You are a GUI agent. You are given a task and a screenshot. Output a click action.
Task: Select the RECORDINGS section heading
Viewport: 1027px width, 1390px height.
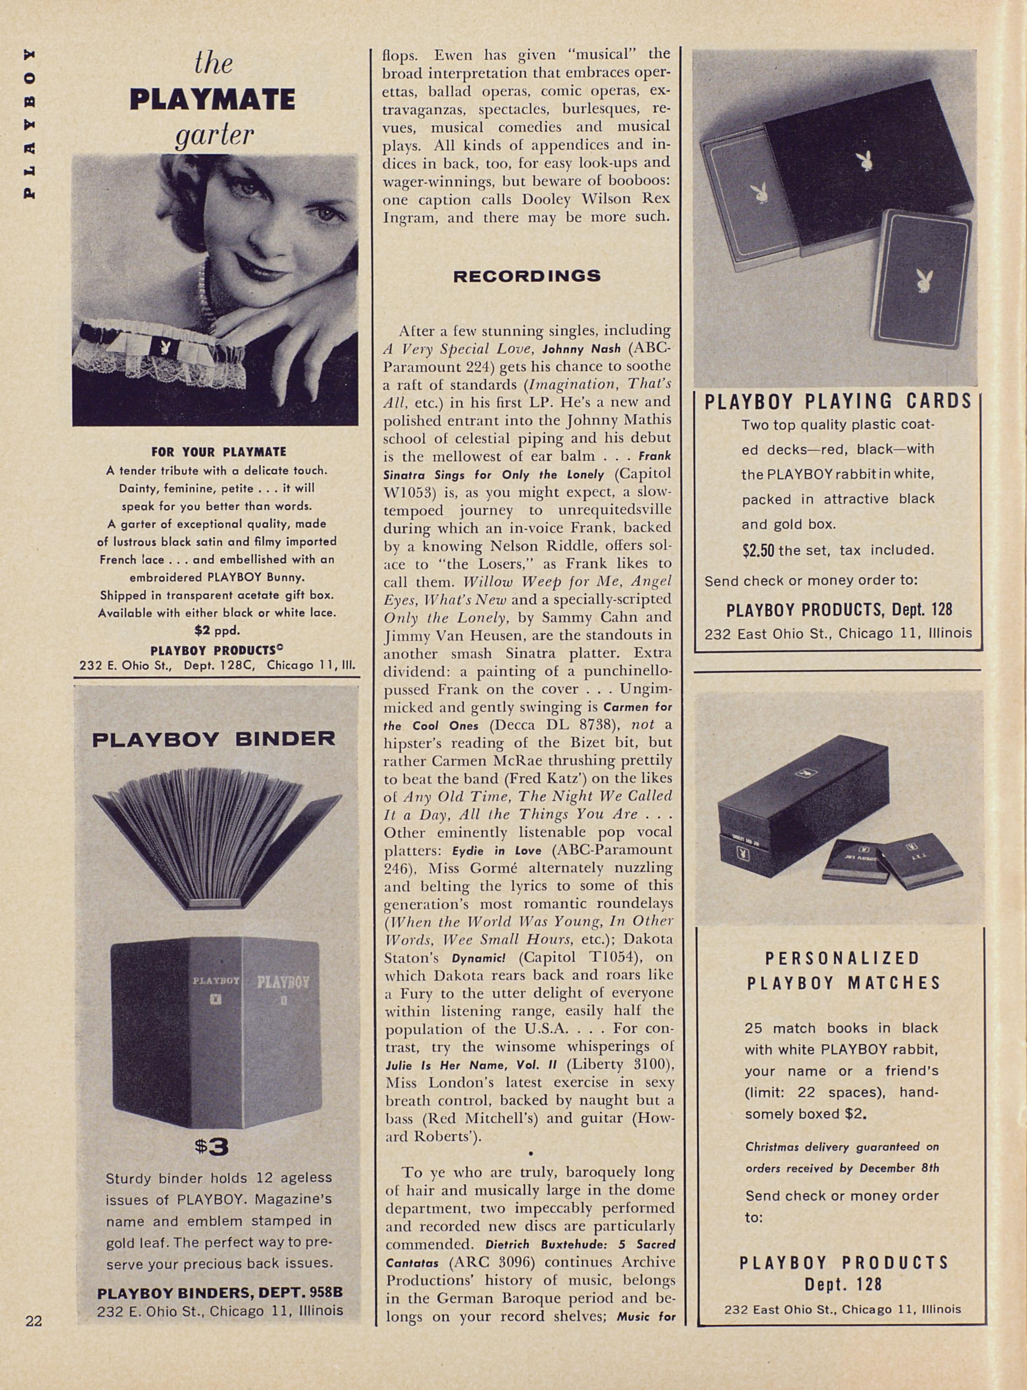527,276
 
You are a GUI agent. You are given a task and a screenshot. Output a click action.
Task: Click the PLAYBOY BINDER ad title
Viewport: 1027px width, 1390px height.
213,739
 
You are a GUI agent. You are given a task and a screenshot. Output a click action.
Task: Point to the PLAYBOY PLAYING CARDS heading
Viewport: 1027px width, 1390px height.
837,401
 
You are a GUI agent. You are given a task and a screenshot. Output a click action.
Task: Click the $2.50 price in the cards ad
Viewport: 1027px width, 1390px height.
758,550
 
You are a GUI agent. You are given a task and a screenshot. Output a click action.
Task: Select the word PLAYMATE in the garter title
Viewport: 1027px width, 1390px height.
212,99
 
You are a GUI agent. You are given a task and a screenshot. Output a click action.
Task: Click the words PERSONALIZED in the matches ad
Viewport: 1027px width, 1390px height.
842,958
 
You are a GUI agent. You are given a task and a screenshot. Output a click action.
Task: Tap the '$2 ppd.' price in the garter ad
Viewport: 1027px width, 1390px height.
216,630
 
